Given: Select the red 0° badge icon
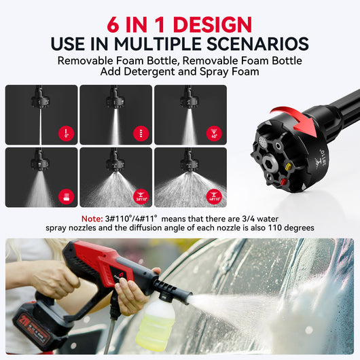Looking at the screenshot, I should tap(67, 133).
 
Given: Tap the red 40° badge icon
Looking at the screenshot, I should tap(215, 133).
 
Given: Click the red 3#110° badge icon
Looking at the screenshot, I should tap(141, 196).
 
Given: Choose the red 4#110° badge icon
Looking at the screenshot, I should tap(215, 196).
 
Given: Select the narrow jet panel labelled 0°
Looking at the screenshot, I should tap(41, 115).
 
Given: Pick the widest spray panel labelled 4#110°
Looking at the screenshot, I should tap(190, 178).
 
